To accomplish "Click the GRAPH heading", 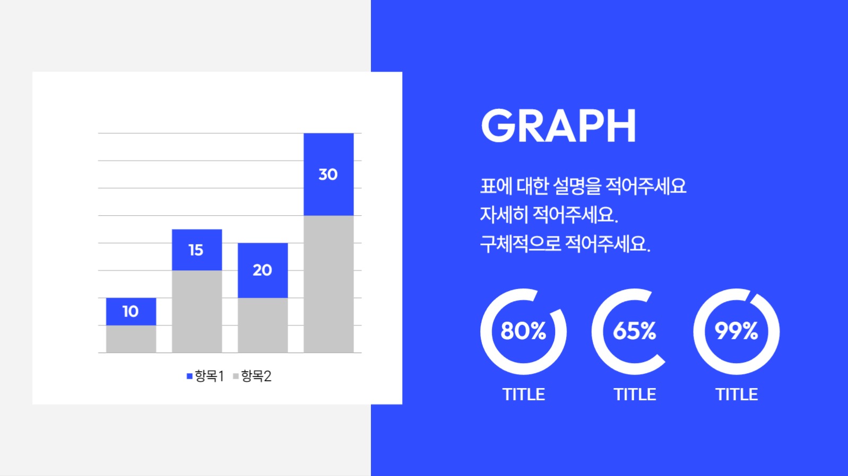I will point(558,126).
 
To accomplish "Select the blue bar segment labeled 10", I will point(131,311).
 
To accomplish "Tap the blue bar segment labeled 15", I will point(196,250).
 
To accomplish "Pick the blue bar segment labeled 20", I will point(262,270).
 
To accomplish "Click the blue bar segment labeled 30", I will point(328,174).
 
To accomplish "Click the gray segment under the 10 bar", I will point(131,339).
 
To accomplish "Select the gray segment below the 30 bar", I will point(328,284).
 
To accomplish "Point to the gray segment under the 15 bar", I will point(196,311).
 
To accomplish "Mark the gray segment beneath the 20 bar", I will point(262,325).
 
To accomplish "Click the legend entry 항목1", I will point(205,376).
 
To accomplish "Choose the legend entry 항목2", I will point(252,376).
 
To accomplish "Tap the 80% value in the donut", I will point(523,331).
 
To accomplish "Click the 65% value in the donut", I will point(634,331).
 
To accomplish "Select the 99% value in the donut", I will point(736,331).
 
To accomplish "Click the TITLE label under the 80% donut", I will point(523,394).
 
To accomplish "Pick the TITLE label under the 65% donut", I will point(634,394).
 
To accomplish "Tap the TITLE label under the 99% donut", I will point(736,394).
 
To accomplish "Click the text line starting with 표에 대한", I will point(583,186).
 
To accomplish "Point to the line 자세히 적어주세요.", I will point(549,215).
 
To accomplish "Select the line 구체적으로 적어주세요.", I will point(565,244).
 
